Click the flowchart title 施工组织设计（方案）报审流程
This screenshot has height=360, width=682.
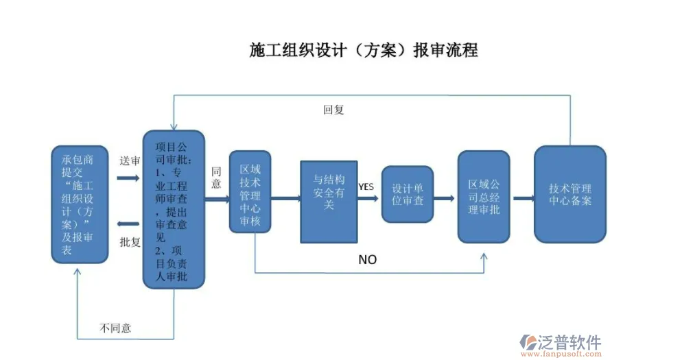click(364, 50)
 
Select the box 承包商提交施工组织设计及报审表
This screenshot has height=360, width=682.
click(80, 204)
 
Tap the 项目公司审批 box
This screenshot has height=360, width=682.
click(173, 209)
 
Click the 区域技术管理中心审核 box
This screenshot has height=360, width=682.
click(250, 192)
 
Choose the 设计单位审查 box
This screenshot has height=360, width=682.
click(408, 194)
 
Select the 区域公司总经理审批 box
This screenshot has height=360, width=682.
click(484, 197)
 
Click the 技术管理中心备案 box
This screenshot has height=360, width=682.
click(569, 194)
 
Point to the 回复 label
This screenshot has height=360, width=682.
click(333, 110)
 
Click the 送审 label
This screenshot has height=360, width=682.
click(130, 160)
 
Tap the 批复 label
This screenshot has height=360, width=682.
click(130, 242)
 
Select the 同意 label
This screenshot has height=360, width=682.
click(216, 178)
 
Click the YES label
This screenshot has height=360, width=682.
click(366, 187)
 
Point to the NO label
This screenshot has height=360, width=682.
click(368, 260)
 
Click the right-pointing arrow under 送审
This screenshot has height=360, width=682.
click(128, 177)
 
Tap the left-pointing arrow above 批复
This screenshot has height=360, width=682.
click(128, 224)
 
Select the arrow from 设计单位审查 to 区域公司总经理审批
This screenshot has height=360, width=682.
click(445, 199)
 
